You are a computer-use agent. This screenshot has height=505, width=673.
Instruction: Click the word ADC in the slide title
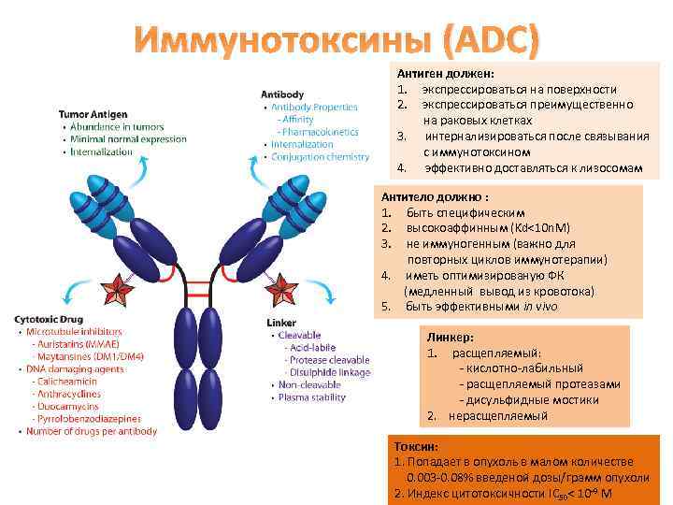tap(491, 41)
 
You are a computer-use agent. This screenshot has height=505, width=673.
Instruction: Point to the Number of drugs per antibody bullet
tap(92, 431)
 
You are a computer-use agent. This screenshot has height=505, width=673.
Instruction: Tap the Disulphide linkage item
tap(326, 372)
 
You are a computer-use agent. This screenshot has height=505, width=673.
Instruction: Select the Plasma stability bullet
tap(313, 397)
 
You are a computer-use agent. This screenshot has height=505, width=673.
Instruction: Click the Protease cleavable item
tap(326, 360)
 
